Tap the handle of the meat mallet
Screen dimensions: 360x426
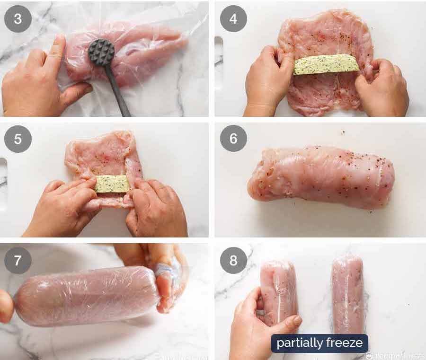coord(117,90)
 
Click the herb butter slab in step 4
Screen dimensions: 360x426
coord(326,64)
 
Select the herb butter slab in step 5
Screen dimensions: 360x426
coord(112,184)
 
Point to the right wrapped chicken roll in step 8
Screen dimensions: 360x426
coord(348,293)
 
